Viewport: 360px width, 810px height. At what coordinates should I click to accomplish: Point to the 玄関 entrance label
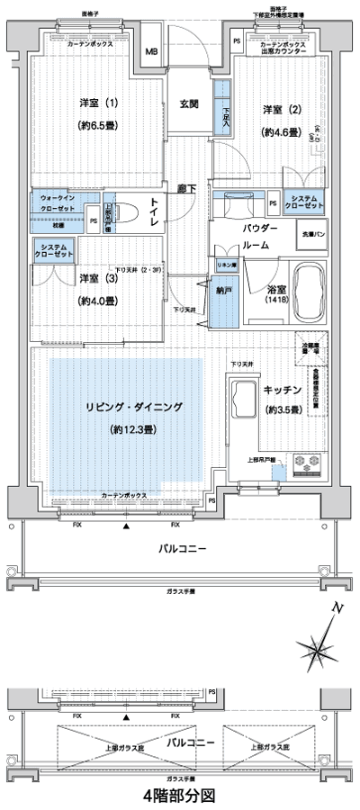189,103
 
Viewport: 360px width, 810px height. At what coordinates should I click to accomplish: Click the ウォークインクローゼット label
58,202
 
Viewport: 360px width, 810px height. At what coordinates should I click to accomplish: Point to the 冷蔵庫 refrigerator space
310,344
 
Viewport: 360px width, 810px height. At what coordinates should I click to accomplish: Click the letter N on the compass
335,610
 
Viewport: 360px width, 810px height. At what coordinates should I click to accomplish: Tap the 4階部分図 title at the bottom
179,796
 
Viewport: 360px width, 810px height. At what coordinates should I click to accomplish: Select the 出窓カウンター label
283,52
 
